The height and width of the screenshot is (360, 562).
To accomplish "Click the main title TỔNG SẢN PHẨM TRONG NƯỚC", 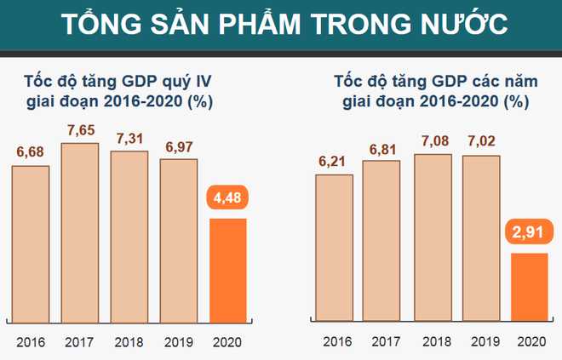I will (281, 24).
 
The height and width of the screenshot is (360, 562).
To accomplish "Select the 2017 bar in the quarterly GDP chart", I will (79, 231).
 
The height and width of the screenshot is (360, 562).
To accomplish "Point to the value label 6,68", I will (31, 152).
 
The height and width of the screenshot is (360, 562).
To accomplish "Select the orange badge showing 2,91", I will (530, 232).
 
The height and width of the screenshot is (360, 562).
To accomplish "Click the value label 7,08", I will (433, 140).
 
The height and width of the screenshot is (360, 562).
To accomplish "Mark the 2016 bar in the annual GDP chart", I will (333, 246).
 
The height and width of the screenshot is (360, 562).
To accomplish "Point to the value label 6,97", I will (178, 146).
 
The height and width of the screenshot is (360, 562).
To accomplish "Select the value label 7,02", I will (481, 141).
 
